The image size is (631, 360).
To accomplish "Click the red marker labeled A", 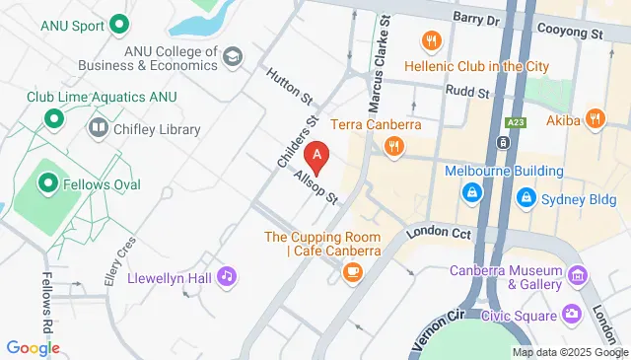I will click(316, 156).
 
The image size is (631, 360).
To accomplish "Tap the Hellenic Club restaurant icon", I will click(430, 40).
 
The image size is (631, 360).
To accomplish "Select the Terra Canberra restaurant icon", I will click(393, 147).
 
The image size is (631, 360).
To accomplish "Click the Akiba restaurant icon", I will click(594, 118).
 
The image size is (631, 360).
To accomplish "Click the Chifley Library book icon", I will click(99, 127).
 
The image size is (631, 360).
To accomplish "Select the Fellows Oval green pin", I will click(45, 182).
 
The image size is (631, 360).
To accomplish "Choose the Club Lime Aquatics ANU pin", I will click(52, 120).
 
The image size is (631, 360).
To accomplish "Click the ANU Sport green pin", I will click(120, 23).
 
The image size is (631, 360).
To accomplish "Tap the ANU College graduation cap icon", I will click(233, 55).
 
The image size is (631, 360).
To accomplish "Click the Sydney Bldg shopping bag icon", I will click(526, 197).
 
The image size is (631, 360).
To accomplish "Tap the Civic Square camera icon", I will click(572, 315).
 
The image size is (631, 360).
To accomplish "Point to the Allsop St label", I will click(315, 185).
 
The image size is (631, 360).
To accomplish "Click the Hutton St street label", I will click(290, 86).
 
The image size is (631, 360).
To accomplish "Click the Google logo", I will click(33, 347).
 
